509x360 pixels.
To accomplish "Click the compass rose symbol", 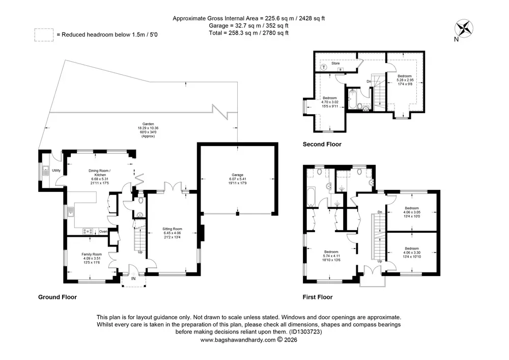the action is point(464,28).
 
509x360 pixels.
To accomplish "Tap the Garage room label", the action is point(237,179).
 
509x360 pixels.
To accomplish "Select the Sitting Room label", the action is point(172,233).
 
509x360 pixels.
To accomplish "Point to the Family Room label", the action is point(92,258).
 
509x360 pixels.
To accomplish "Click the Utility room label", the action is point(56,171).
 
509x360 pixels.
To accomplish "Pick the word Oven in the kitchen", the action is point(103,232).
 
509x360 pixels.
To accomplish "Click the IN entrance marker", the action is point(133,279).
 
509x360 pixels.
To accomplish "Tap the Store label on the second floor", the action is point(335,63).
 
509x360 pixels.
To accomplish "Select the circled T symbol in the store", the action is point(324,67).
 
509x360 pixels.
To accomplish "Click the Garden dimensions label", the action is point(148,130).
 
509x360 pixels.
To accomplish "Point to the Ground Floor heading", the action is point(58,297).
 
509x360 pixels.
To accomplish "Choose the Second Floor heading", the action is point(322,144).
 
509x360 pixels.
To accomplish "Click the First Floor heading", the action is point(318,297).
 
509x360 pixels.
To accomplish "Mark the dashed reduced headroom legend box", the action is point(44,35).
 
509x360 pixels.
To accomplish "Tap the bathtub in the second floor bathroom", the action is point(352,99).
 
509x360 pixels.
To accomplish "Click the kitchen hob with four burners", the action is point(88,232).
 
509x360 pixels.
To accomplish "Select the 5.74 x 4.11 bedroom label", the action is point(331,256).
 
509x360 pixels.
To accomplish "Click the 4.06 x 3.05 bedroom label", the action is point(412,212).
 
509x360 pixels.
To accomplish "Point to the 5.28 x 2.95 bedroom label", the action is point(405,80).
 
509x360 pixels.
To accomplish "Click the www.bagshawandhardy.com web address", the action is point(238,340).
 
